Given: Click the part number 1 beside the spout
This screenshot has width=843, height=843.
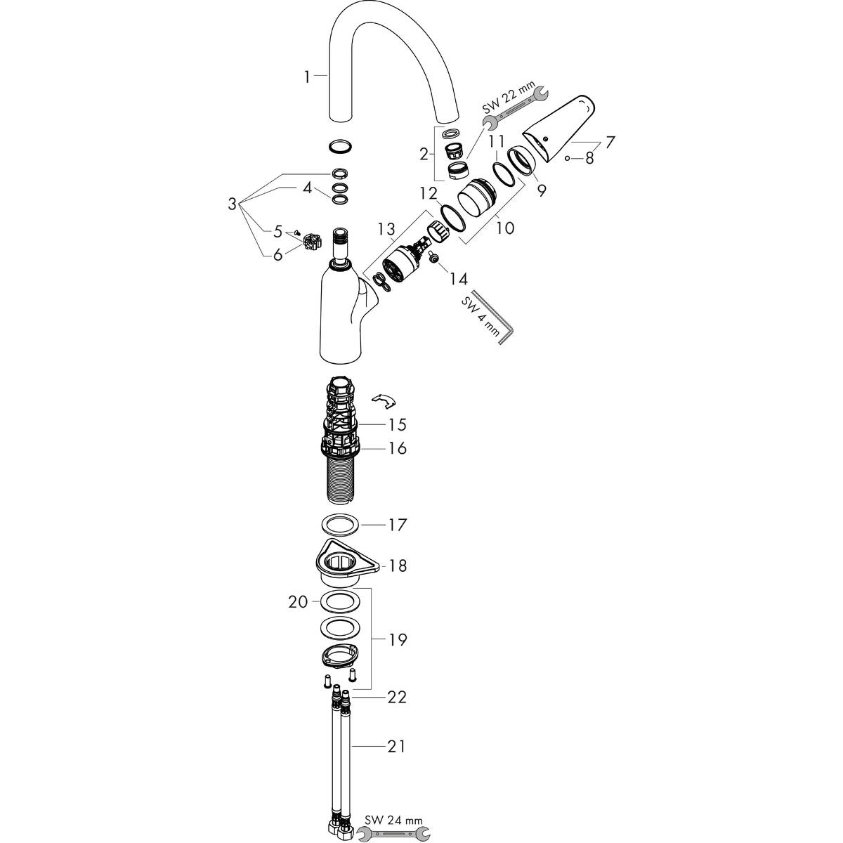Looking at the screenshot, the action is (307, 77).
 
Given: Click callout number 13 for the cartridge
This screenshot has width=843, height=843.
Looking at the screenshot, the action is (386, 229).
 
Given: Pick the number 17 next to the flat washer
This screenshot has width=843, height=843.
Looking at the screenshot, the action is (398, 525).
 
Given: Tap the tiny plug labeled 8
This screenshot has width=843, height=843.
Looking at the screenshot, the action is (567, 159).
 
